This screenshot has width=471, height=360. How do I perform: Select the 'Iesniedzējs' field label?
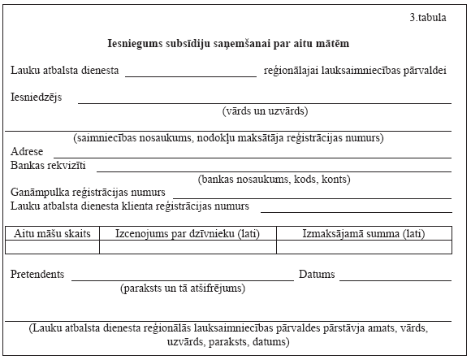pos(31,98)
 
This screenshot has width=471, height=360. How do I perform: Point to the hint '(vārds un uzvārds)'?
pos(265,111)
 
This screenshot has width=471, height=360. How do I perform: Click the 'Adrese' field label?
pos(28,152)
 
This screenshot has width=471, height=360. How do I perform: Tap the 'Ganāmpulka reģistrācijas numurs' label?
pos(89,193)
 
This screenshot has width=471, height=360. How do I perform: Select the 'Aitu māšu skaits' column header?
pos(53,233)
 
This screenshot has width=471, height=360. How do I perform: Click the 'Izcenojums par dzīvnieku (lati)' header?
pos(188,233)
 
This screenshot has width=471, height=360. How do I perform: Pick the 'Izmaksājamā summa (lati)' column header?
pos(363,233)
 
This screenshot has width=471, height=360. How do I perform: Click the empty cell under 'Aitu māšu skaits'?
pos(53,247)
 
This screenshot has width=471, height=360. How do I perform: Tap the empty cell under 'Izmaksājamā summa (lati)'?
pos(363,247)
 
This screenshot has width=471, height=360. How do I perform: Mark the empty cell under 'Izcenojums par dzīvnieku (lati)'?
pos(188,247)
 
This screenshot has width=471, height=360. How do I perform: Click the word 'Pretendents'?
pos(37,275)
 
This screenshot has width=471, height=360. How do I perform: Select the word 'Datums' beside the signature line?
pos(317,275)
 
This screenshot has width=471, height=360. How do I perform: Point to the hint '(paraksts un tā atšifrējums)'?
pos(183,288)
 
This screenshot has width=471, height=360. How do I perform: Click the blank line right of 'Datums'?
pos(395,277)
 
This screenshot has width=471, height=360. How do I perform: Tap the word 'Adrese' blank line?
pos(252,154)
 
